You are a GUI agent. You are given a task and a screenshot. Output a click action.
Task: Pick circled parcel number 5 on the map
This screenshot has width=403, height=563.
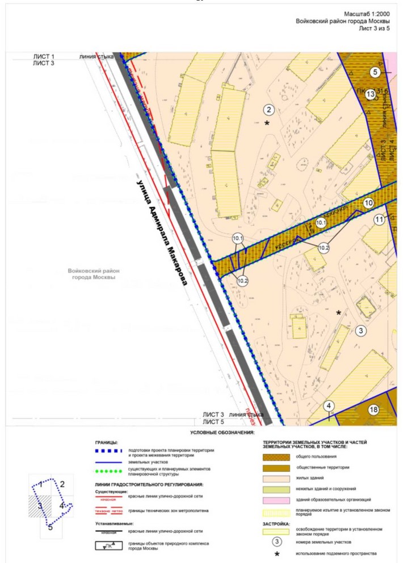[x=375, y=72]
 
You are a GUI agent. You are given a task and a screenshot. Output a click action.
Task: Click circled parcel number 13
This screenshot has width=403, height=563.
[x=370, y=94]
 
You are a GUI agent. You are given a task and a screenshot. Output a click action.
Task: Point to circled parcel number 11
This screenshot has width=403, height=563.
[x=379, y=219]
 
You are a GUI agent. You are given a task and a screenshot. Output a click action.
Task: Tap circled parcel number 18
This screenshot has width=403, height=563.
[x=373, y=409]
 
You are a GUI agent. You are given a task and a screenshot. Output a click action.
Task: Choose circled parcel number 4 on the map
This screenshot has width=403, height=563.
[x=328, y=406]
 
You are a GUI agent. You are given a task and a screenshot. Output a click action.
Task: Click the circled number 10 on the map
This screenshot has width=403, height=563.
[x=368, y=202]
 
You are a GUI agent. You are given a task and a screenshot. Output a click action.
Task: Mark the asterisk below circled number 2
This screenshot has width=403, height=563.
[x=266, y=123]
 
